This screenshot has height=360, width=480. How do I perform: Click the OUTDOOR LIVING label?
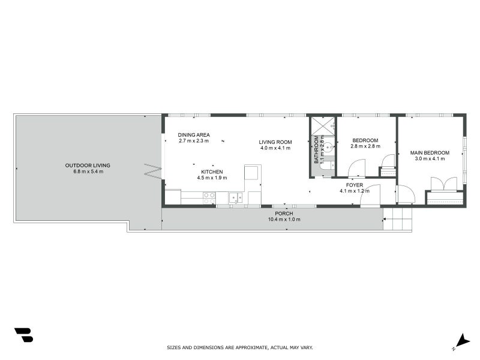pos(88,165)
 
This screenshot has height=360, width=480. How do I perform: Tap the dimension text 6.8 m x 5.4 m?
pos(88,172)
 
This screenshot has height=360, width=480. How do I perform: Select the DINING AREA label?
pos(194,135)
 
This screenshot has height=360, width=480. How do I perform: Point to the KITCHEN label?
pos(212,172)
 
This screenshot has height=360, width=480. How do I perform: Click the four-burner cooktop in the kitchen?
pos(209,197)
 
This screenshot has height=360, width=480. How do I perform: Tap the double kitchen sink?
pos(235,197)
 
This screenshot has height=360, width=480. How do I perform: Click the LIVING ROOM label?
pos(275,142)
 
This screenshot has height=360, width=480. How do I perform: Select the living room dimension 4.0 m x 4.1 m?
pos(275,148)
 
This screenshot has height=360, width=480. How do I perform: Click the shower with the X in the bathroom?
pos(322,125)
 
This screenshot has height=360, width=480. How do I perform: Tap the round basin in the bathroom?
pos(329,146)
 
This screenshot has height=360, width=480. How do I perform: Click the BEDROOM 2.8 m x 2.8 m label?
pos(365,143)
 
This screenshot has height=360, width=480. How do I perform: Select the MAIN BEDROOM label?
pos(430,152)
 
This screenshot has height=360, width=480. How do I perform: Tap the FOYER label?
pos(355,185)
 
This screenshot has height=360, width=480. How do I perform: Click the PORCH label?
pos(284,214)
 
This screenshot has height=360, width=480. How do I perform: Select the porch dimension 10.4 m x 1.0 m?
pos(284,220)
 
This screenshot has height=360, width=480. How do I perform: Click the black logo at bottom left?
pos(23,335)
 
